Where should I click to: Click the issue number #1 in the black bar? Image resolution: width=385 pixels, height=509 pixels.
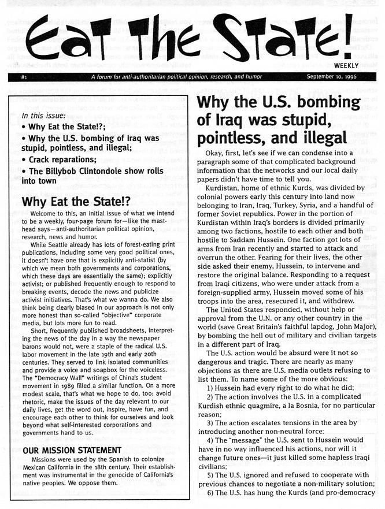tap(24, 77)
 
